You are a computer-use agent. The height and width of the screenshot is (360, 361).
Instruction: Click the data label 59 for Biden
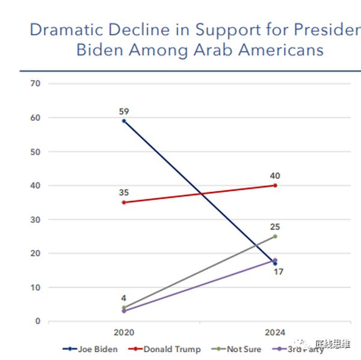tap(124, 111)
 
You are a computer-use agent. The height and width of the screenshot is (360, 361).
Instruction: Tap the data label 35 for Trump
tap(124, 193)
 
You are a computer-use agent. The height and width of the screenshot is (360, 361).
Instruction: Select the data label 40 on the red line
tap(275, 176)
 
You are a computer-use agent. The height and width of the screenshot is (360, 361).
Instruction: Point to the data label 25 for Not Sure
tap(275, 227)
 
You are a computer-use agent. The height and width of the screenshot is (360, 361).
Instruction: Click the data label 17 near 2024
tap(278, 272)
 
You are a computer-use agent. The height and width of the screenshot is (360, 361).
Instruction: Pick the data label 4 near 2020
tap(123, 298)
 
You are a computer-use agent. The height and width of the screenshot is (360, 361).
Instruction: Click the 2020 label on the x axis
tap(124, 332)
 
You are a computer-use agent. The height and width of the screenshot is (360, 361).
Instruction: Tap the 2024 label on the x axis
tap(275, 332)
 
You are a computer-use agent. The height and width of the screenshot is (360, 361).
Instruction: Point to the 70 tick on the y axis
tap(35, 83)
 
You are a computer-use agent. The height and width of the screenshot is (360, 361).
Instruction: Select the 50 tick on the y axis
tap(35, 152)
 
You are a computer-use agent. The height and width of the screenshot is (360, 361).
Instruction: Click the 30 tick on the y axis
tap(35, 220)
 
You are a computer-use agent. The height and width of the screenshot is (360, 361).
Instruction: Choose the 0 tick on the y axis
tap(37, 321)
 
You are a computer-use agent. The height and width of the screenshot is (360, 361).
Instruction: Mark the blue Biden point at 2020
tap(124, 121)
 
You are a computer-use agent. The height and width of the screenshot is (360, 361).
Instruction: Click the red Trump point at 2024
tap(275, 185)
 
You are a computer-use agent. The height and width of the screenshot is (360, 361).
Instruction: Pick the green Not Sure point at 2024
tap(275, 237)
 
